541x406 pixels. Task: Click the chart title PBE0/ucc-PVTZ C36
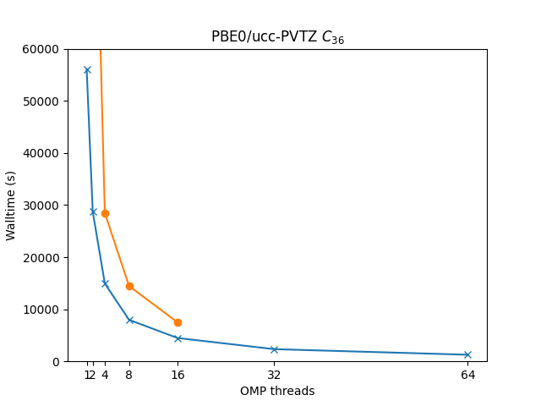tap(277, 37)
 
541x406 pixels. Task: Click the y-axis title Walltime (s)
tap(12, 206)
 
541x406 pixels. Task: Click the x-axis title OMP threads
tap(277, 391)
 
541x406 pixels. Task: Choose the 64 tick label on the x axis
tap(467, 375)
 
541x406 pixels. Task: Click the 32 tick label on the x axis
tap(274, 375)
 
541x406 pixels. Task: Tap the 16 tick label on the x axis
tap(178, 375)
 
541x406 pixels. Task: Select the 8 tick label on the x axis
tap(129, 375)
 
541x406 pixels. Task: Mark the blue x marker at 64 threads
tap(467, 354)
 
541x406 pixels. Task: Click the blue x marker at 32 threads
tap(274, 349)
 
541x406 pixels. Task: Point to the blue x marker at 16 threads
tap(178, 338)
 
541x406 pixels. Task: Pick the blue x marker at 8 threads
tap(129, 320)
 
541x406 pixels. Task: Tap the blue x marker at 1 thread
tap(87, 70)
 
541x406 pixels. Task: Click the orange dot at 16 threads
tap(178, 322)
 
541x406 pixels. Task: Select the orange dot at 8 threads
tap(129, 286)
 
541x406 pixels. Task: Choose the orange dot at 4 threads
tap(105, 213)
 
